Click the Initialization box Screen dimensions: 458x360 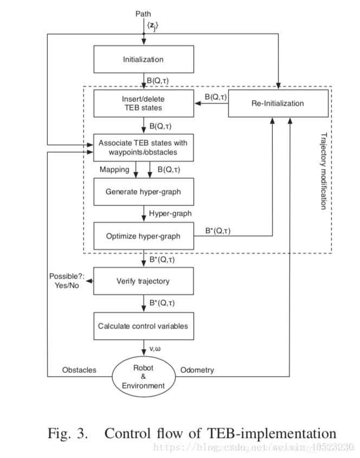pos(144,59)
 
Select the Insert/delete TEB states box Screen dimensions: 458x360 pos(144,104)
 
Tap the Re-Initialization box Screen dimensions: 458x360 pos(278,103)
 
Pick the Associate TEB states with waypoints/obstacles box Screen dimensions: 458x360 pos(144,148)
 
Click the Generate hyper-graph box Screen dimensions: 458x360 pos(144,192)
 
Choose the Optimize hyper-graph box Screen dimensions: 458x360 pos(144,236)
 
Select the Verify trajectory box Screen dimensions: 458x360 pos(144,281)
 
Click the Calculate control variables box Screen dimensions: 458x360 pos(144,326)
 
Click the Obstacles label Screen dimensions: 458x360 pos(79,370)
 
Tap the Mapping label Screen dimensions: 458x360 pos(114,170)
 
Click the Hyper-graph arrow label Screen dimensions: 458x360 pos(170,214)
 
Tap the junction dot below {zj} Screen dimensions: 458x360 pos(144,34)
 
